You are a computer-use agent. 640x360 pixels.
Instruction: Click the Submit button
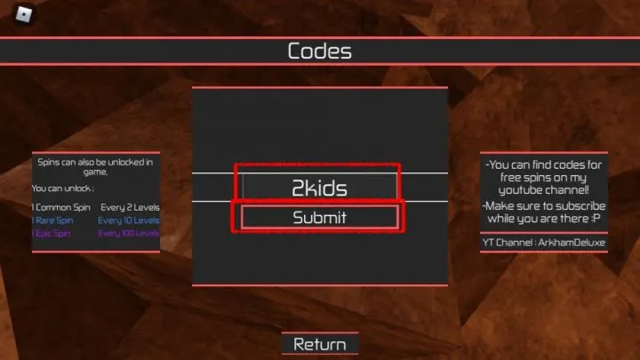click(x=320, y=217)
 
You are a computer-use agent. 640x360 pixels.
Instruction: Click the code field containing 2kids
click(x=320, y=188)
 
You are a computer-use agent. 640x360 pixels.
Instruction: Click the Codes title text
click(x=320, y=51)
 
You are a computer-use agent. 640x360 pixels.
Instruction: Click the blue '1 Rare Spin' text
click(x=53, y=220)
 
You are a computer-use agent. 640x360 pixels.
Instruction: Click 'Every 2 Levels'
click(x=130, y=207)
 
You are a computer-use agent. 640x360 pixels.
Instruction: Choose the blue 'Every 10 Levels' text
click(x=129, y=220)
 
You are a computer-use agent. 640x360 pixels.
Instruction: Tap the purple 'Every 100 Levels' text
click(x=129, y=233)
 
